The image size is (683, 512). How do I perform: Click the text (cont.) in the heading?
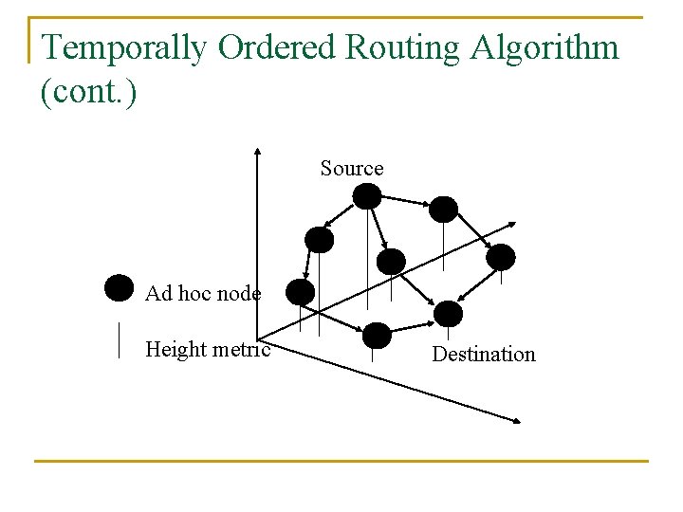click(89, 94)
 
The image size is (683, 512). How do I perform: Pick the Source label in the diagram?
click(352, 169)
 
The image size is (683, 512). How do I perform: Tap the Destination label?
click(484, 355)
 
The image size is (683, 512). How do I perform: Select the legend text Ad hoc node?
click(203, 294)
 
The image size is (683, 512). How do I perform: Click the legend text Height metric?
click(208, 350)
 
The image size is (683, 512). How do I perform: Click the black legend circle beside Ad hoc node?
click(119, 287)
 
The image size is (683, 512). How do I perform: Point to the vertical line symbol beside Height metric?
click(119, 339)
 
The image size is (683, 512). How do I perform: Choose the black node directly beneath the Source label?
click(367, 196)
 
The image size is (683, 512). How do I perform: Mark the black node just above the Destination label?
click(448, 314)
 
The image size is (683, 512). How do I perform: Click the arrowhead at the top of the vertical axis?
click(258, 152)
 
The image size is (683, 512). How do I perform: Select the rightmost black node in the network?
click(501, 256)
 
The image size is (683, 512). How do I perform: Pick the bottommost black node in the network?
click(377, 335)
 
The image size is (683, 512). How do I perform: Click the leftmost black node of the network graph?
click(300, 292)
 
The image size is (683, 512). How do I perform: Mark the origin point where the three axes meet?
click(259, 337)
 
